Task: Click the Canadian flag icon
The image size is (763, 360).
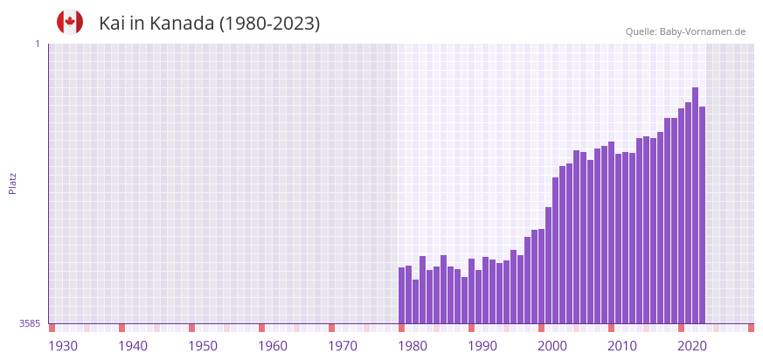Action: coord(70,22)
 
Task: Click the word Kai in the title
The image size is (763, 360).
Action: coord(113,24)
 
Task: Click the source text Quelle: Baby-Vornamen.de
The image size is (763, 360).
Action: coord(685,32)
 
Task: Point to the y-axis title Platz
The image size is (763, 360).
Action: coord(12,183)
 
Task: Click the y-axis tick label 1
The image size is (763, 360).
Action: coord(37,44)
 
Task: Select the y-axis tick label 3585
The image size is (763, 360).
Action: coord(30,323)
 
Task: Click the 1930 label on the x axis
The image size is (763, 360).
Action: coord(63,346)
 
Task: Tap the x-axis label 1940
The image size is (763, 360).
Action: coord(133,346)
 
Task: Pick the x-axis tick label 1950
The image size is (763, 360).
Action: coord(203,346)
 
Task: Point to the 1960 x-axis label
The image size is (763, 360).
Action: coord(273,346)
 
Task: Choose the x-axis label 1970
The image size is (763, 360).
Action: coord(343,346)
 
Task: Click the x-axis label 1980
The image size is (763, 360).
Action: coord(413,346)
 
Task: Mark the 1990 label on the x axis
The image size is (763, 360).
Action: coord(482,346)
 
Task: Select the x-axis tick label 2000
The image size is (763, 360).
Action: coord(552,346)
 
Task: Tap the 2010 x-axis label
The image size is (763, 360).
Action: coord(622,346)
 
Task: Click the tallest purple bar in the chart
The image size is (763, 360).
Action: coord(695,205)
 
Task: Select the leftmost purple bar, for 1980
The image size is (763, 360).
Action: coord(402,295)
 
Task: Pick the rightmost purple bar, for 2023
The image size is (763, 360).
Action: coord(702,215)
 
